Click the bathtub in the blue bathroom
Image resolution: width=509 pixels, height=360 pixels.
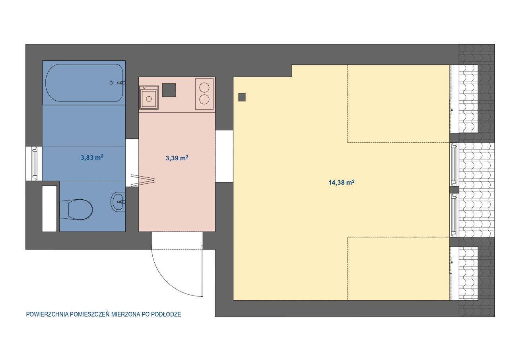[x=84, y=83]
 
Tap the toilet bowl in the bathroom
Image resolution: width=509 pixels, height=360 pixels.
[x=76, y=209]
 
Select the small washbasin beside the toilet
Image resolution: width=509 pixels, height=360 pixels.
[x=118, y=202]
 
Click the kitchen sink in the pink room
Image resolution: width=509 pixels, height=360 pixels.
[x=149, y=98]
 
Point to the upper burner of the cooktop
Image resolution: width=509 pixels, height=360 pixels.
[x=204, y=88]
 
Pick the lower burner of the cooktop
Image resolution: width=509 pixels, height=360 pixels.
[x=204, y=99]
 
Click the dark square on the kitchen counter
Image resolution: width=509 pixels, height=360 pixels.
[x=169, y=90]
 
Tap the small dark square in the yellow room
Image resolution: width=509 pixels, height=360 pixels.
[x=242, y=97]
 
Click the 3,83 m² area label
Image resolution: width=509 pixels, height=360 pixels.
[x=92, y=158]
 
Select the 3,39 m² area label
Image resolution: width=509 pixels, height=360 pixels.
[x=177, y=158]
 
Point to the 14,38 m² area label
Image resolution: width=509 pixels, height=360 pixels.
[x=341, y=182]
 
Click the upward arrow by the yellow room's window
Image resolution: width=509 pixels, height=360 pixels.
[x=452, y=111]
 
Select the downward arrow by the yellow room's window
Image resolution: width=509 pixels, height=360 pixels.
[x=452, y=261]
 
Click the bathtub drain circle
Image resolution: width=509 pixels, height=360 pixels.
[x=111, y=83]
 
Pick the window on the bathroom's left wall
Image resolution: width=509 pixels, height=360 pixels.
[x=35, y=163]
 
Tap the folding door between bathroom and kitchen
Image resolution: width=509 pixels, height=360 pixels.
[x=143, y=180]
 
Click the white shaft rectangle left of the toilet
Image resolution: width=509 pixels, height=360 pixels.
[x=49, y=208]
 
